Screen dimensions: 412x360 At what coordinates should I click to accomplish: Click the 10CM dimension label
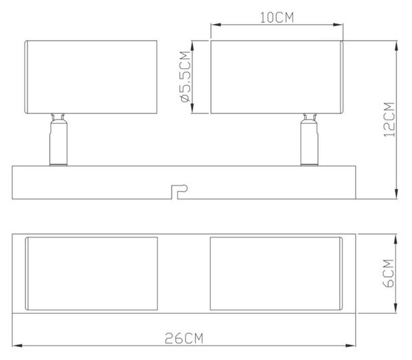pyautogui.click(x=277, y=18)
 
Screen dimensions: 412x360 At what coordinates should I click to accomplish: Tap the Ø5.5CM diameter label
pyautogui.click(x=185, y=77)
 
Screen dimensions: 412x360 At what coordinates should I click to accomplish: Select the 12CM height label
pyautogui.click(x=389, y=120)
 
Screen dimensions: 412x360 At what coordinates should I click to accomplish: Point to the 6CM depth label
pyautogui.click(x=389, y=273)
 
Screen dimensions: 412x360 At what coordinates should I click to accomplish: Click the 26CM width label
pyautogui.click(x=184, y=338)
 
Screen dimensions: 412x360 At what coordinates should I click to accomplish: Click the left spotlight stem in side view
pyautogui.click(x=58, y=139)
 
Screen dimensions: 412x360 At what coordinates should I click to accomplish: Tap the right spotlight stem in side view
pyautogui.click(x=310, y=139)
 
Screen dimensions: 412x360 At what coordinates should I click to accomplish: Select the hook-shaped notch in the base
pyautogui.click(x=179, y=192)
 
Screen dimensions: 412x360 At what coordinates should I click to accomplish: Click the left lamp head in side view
pyautogui.click(x=91, y=77)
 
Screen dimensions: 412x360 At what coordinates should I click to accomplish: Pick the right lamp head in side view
pyautogui.click(x=277, y=77)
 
